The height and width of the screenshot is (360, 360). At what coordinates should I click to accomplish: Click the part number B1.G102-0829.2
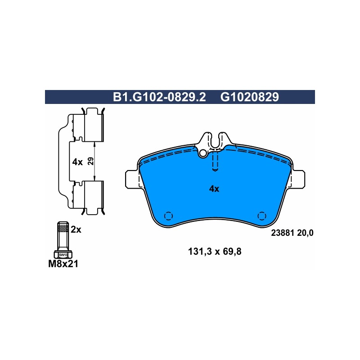point(159,97)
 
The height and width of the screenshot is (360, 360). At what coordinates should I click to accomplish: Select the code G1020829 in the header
point(250,97)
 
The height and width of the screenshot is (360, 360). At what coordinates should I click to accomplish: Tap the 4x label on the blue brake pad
point(214,189)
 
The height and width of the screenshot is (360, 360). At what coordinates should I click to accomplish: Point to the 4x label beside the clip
point(77,162)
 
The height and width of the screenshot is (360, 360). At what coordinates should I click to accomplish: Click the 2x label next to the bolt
point(76,229)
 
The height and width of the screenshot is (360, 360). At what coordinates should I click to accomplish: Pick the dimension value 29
point(91,161)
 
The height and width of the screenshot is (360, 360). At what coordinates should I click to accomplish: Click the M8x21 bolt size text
point(63,264)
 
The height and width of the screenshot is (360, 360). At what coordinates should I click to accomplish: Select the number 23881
point(283,233)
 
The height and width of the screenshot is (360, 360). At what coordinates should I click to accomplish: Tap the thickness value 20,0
point(305,233)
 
